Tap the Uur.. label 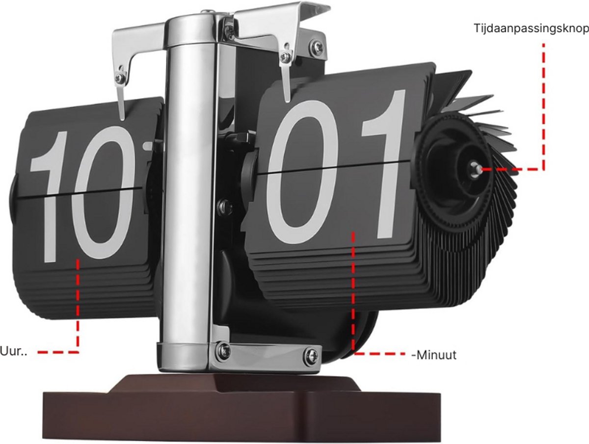[x=13, y=351]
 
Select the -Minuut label [x=434, y=355]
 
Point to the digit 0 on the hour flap [x=103, y=192]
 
